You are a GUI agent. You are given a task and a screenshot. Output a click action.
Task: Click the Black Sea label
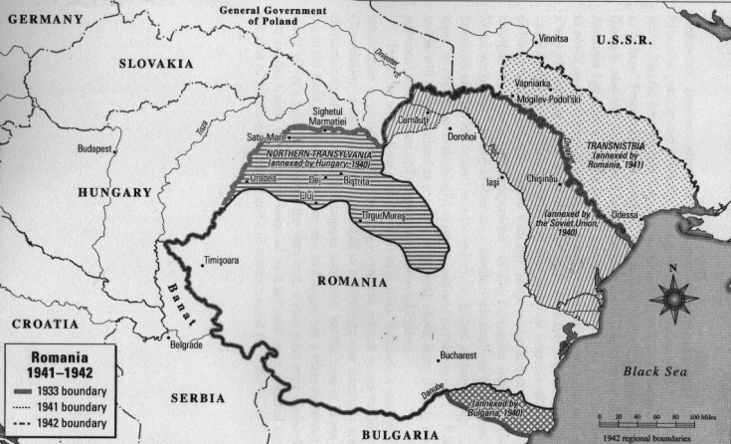(655, 371)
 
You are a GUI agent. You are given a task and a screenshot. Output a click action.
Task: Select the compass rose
(672, 297)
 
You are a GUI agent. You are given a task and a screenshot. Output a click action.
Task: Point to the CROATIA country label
(45, 324)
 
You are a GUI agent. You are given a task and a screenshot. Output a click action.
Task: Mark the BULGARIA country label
(402, 434)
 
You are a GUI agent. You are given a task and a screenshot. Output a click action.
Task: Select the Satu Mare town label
(269, 137)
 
